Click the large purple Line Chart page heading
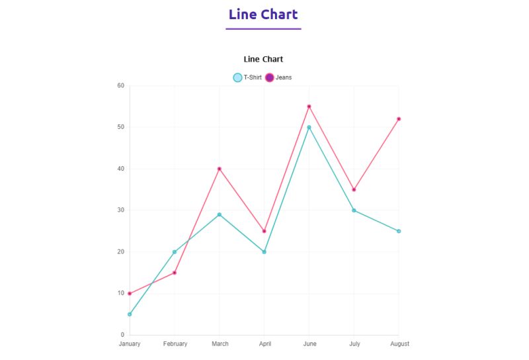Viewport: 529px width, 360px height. click(263, 15)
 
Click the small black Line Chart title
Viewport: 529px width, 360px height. click(263, 60)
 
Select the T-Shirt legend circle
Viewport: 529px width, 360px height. click(238, 77)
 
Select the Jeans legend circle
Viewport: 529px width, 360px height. click(270, 77)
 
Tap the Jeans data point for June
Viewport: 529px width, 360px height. click(309, 107)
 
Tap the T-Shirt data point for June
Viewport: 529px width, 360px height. click(309, 127)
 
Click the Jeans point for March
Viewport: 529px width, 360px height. click(220, 169)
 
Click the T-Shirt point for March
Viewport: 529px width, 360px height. click(220, 214)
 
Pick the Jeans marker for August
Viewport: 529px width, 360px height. click(399, 119)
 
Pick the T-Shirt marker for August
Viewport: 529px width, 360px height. click(399, 231)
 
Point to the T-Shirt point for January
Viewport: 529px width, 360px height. click(130, 314)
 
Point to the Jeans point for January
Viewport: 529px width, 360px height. click(130, 293)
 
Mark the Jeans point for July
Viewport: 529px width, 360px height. click(354, 190)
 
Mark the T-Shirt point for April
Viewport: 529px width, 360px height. click(264, 252)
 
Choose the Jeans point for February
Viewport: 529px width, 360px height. click(175, 273)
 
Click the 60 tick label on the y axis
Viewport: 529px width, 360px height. click(120, 85)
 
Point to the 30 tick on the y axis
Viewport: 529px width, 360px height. click(120, 210)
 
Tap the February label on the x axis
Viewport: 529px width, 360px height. click(175, 344)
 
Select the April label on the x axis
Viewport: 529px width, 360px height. click(264, 344)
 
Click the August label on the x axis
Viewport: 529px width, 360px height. click(399, 344)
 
